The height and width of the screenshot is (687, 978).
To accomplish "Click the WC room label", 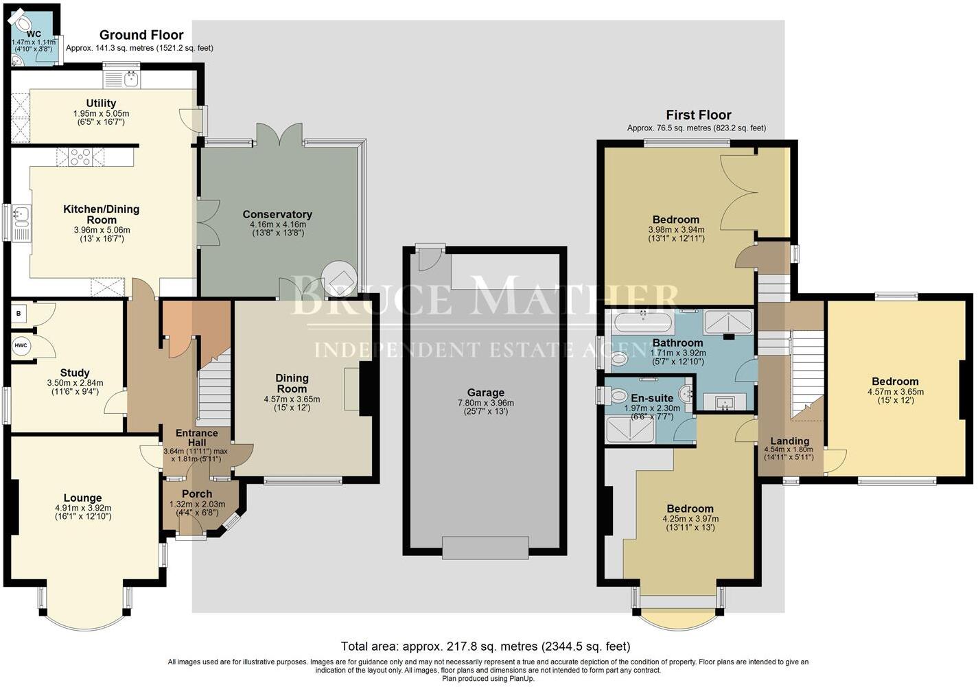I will pyautogui.click(x=33, y=34).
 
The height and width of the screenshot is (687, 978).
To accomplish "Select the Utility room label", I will pyautogui.click(x=101, y=104).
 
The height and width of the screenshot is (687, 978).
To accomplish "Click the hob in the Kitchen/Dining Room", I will pyautogui.click(x=81, y=159).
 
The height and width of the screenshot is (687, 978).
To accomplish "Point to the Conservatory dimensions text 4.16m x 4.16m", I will pyautogui.click(x=277, y=224).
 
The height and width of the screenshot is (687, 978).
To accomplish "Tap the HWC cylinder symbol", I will pyautogui.click(x=21, y=345).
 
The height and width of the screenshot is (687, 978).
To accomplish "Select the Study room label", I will pyautogui.click(x=75, y=373).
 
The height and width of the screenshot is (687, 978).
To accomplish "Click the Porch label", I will pyautogui.click(x=197, y=493).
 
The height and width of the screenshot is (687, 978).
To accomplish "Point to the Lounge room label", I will pyautogui.click(x=82, y=498).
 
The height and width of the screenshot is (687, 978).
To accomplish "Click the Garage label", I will pyautogui.click(x=485, y=393).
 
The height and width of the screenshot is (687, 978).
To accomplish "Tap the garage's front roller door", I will pyautogui.click(x=485, y=547).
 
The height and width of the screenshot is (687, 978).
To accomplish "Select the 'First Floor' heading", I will pyautogui.click(x=699, y=115).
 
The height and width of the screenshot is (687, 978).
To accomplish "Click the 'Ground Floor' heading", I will pyautogui.click(x=141, y=35).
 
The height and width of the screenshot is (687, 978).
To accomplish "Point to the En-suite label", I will pyautogui.click(x=652, y=397).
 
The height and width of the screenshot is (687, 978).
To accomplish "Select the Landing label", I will pyautogui.click(x=789, y=441).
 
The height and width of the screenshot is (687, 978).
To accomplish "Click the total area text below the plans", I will pyautogui.click(x=485, y=646).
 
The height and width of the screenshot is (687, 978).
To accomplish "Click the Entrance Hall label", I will pyautogui.click(x=197, y=438).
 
